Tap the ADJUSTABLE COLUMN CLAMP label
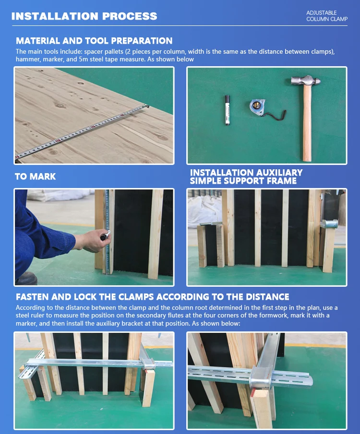(326, 16)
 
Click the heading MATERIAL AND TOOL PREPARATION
(94, 41)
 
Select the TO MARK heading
(35, 176)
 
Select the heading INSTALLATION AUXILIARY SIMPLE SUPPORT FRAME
(246, 176)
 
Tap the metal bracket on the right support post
(330, 224)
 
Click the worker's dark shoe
(26, 278)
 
